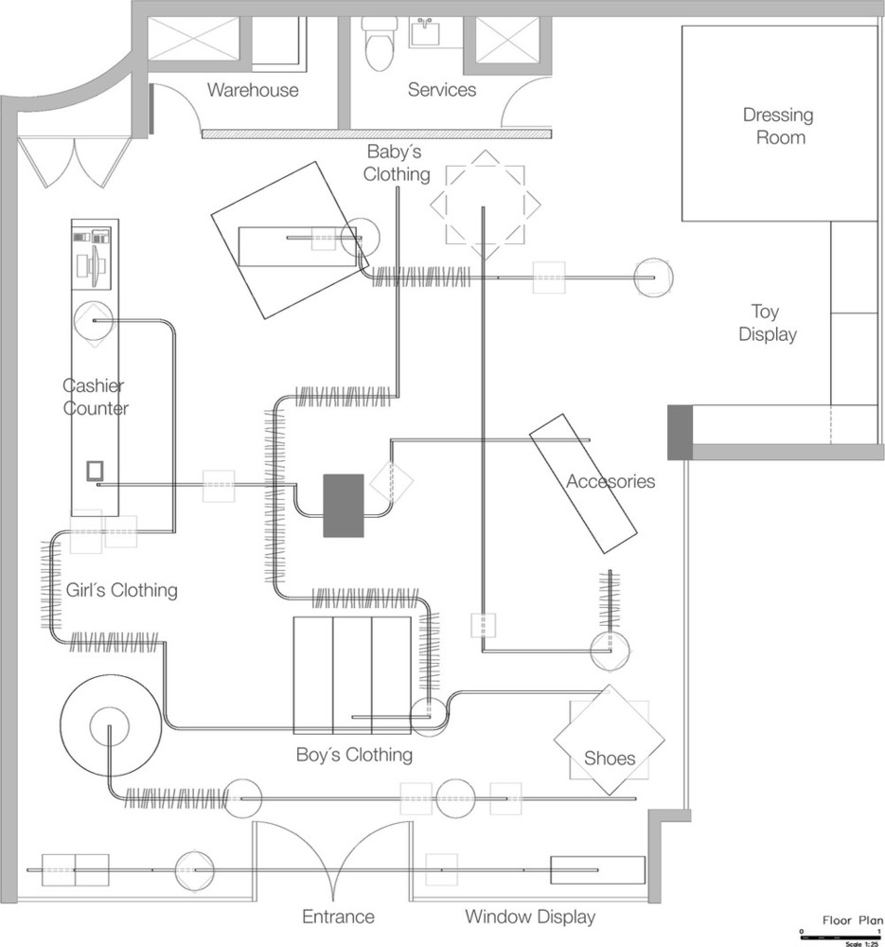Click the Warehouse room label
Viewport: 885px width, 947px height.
coord(253,90)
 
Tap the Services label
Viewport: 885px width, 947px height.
coord(442,89)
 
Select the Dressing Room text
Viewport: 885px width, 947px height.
coord(779,126)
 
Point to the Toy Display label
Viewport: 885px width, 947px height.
coord(768,323)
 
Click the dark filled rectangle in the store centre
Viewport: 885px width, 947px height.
coord(344,506)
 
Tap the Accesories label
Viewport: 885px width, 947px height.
coord(611,481)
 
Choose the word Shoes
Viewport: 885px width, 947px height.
coord(610,758)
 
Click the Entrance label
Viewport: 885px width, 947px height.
coord(338,917)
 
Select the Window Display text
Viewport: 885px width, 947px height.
coord(530,917)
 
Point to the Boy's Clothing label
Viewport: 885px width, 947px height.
coord(354,755)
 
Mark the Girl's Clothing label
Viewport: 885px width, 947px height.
coord(121,590)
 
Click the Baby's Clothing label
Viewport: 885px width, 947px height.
coord(396,163)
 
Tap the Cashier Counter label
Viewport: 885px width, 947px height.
coord(95,397)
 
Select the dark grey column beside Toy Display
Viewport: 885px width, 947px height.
coord(680,433)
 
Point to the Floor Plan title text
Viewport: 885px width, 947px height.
coord(853,920)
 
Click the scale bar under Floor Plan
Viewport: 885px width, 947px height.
coord(841,938)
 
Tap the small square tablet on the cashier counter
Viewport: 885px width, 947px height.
coord(95,471)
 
